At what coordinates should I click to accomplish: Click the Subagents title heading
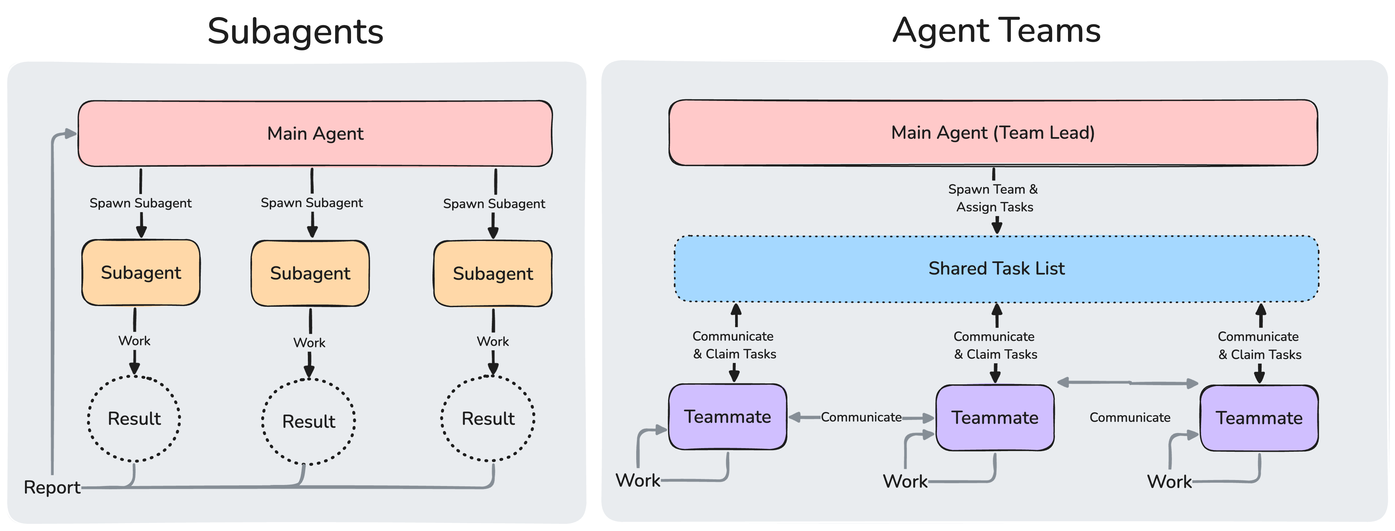[x=296, y=32]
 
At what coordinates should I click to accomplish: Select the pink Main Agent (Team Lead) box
[x=993, y=133]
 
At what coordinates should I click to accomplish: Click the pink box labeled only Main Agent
[x=315, y=133]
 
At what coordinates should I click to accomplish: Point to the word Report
[x=52, y=487]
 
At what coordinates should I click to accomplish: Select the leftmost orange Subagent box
[x=141, y=273]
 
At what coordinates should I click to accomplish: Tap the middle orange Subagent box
[x=310, y=273]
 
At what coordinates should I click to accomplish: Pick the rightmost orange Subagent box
[x=493, y=274]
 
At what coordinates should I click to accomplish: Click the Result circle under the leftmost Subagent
[x=134, y=419]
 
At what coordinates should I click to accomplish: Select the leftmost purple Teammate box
[x=727, y=417]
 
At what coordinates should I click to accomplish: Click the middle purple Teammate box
[x=995, y=418]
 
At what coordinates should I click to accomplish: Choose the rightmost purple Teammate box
[x=1259, y=418]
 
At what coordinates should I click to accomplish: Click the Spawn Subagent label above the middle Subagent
[x=312, y=203]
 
